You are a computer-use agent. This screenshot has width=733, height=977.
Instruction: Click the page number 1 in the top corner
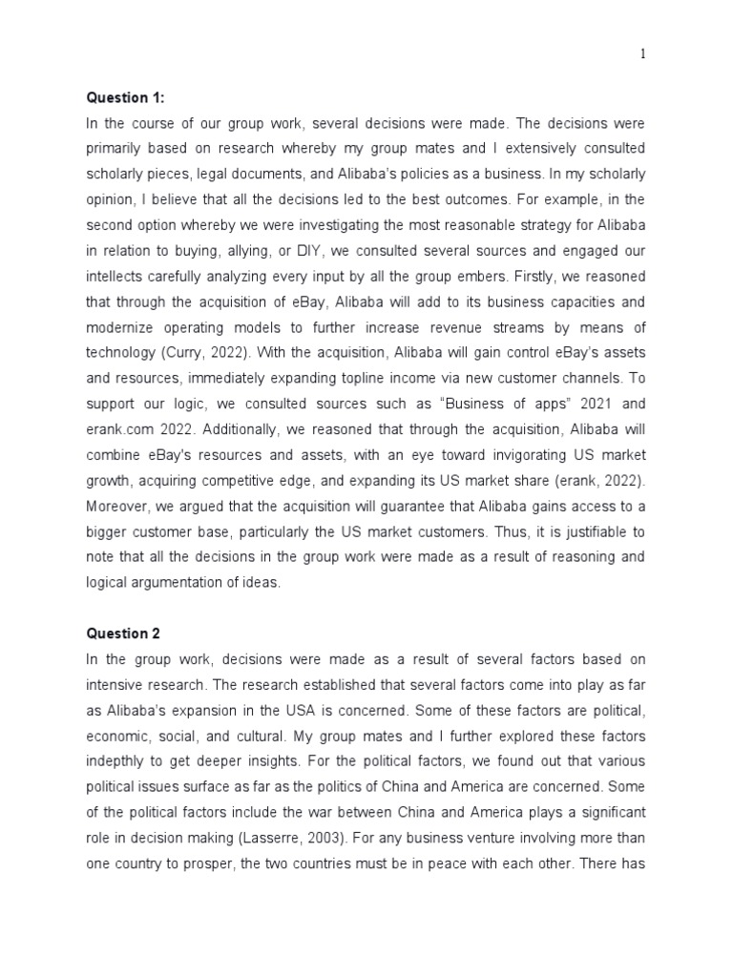click(642, 54)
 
